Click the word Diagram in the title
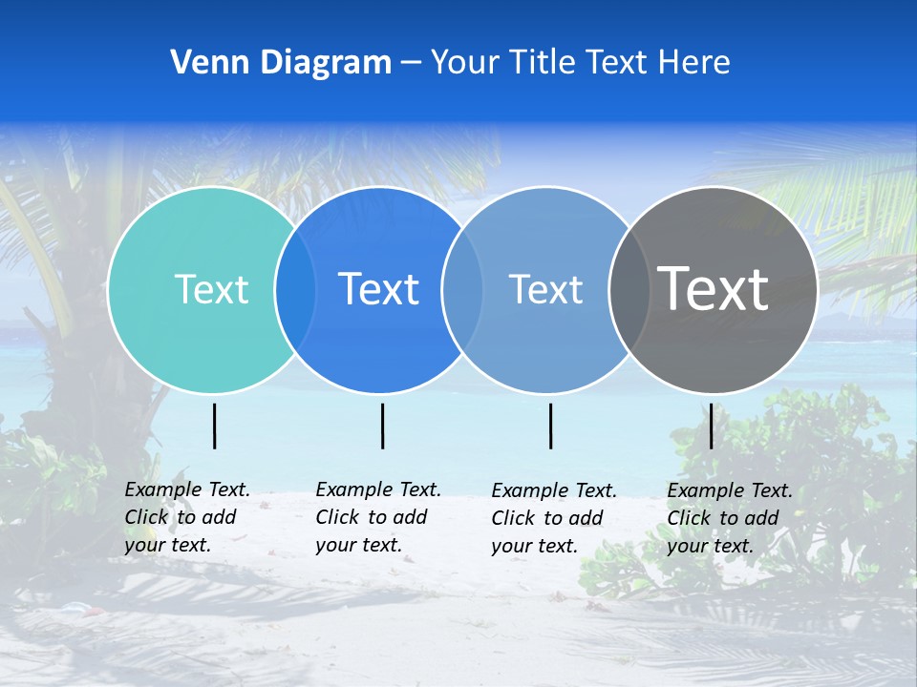(325, 63)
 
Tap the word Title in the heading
(542, 63)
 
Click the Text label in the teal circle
(211, 289)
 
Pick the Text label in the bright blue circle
(379, 289)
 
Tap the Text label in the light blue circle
(545, 289)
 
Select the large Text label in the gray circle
(714, 288)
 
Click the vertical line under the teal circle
(215, 426)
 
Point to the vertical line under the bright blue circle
(382, 426)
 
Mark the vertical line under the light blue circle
(551, 426)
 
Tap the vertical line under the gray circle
(712, 426)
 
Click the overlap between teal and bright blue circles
(295, 290)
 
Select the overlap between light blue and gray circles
(629, 290)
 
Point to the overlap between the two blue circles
(462, 290)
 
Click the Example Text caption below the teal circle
(186, 517)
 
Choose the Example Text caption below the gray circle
(729, 518)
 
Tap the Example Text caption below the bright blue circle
(377, 517)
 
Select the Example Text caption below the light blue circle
(553, 518)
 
